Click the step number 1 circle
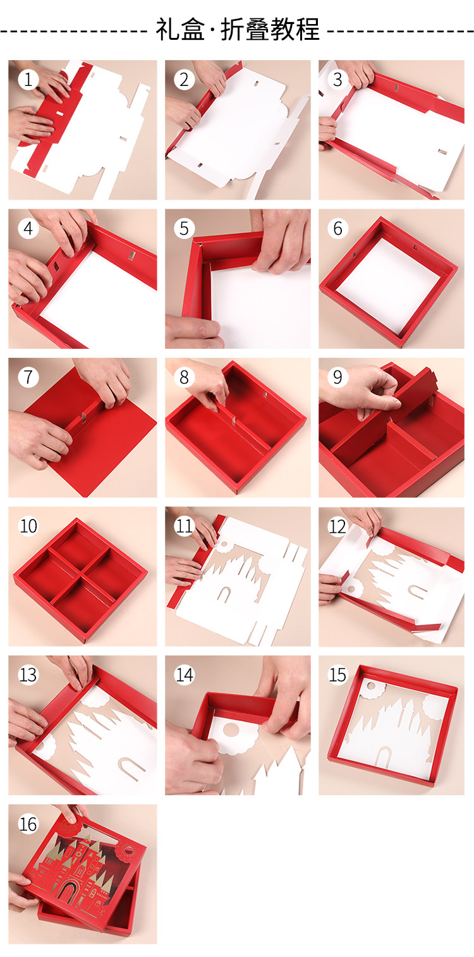tap(28, 80)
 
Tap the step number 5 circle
tap(184, 229)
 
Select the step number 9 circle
tap(337, 377)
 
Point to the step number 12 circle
tap(337, 527)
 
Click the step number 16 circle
tap(28, 824)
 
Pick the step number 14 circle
tap(184, 675)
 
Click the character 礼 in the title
tap(167, 30)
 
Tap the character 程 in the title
tap(307, 30)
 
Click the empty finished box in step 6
tap(388, 282)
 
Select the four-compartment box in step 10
tap(81, 580)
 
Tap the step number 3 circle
tap(337, 80)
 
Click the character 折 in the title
tap(233, 30)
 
